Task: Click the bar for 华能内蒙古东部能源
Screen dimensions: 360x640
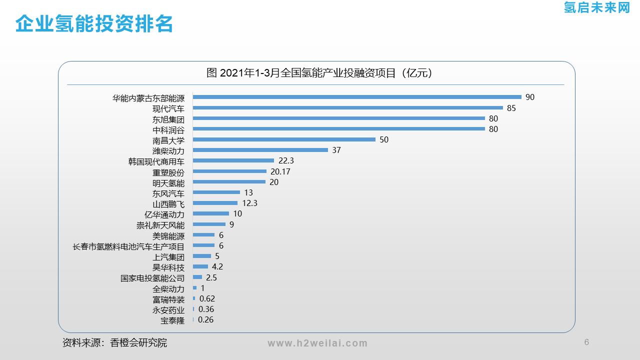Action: [357, 97]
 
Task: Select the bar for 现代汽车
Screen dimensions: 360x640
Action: [347, 108]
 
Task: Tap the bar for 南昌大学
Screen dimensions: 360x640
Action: [284, 139]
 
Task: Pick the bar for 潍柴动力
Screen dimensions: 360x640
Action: [260, 150]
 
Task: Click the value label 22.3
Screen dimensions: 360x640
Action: [286, 160]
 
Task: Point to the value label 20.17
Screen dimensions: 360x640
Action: [280, 171]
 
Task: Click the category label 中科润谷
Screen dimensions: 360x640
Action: [168, 130]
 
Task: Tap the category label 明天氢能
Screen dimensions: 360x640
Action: [168, 183]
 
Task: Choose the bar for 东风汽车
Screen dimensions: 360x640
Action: [216, 192]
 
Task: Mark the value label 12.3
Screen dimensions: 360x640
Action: [249, 203]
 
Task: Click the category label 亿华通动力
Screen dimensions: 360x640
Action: [164, 214]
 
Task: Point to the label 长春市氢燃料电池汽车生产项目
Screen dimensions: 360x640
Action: [128, 246]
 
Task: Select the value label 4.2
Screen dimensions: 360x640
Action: [217, 267]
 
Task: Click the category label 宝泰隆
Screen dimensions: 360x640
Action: [172, 320]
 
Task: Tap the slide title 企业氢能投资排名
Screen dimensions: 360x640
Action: [94, 23]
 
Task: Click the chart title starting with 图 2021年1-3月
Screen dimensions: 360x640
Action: [319, 73]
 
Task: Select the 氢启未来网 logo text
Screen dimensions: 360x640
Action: [596, 7]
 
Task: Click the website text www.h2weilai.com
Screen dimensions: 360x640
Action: [317, 343]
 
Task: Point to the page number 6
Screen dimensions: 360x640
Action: [586, 342]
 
